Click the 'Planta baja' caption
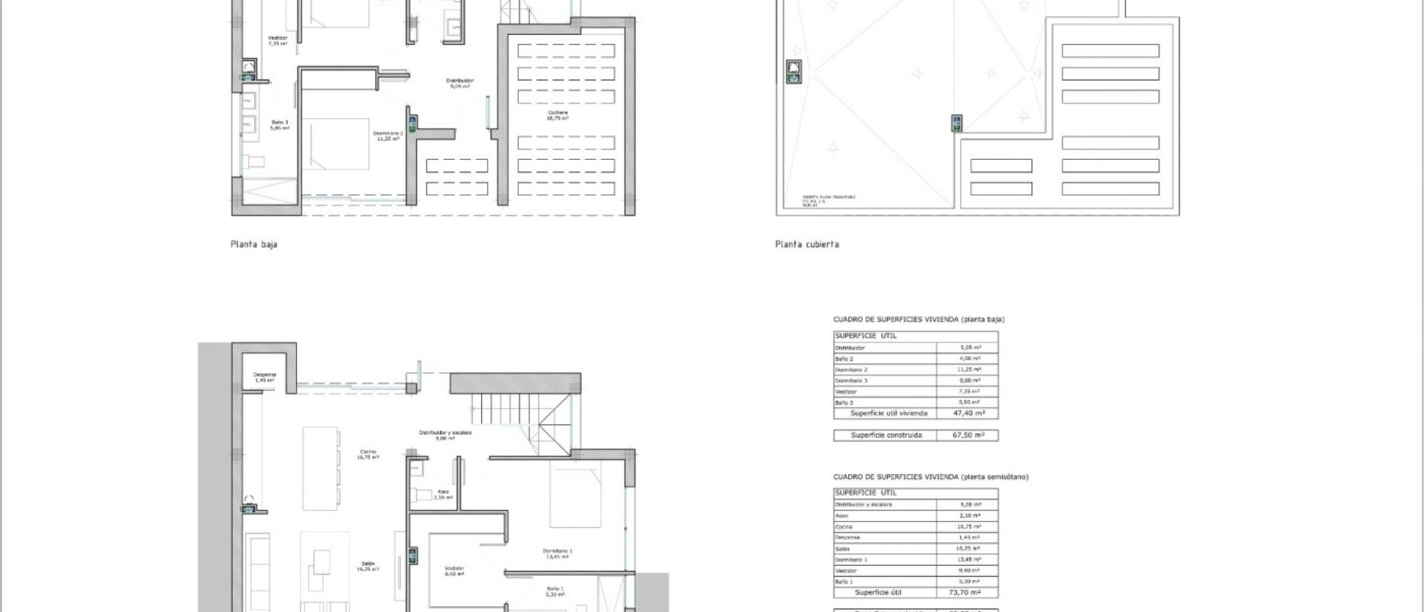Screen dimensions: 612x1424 point(254,245)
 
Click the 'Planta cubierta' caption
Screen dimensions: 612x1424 point(807,245)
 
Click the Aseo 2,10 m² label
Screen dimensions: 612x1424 point(443,494)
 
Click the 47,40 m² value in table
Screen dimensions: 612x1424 point(968,413)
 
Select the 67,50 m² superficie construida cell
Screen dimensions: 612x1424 point(968,435)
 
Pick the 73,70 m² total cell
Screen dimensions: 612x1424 point(964,593)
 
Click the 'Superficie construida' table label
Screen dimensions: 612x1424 point(886,435)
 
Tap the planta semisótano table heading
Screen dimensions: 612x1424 point(930,477)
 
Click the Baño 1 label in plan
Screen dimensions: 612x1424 point(555,591)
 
